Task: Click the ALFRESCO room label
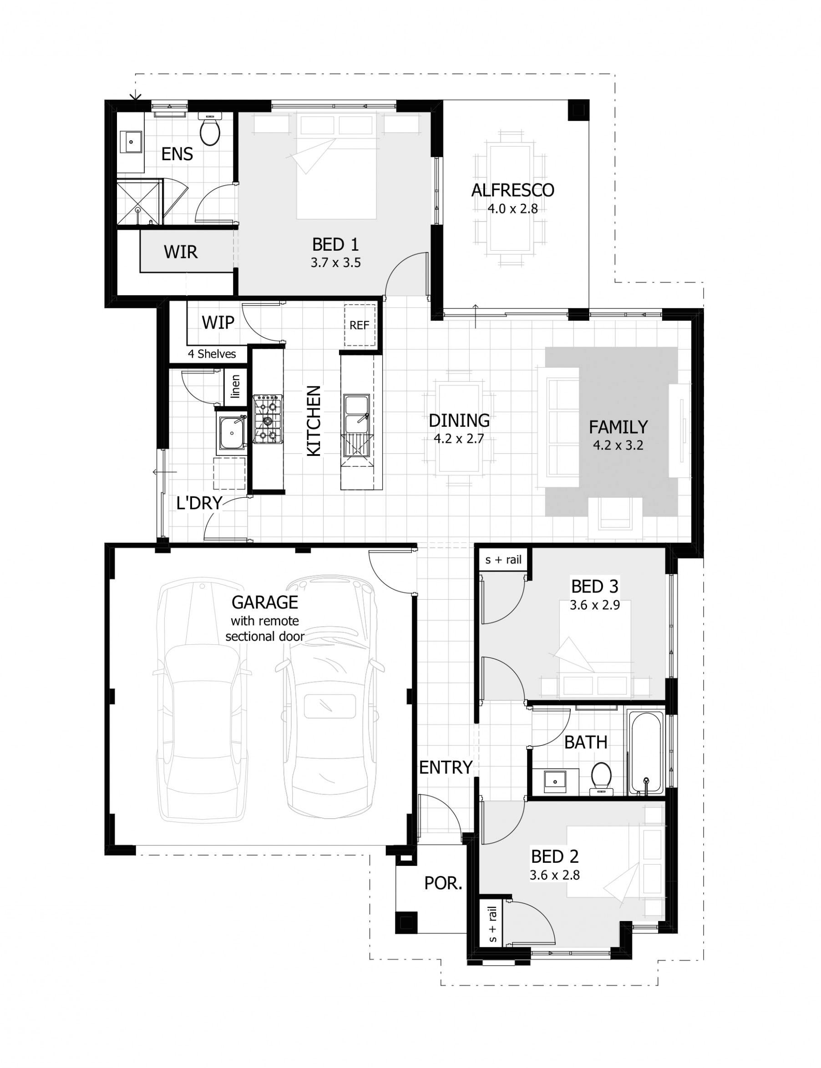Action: tap(512, 190)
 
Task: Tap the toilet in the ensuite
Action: tap(211, 131)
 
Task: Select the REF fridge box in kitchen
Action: tap(359, 325)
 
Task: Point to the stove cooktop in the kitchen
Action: tap(267, 420)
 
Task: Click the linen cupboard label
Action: tap(236, 386)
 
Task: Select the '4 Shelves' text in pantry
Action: tap(212, 354)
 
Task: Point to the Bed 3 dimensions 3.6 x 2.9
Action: tap(595, 605)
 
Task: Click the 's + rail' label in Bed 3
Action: tap(503, 560)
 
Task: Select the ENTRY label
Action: tap(446, 768)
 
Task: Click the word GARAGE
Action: tap(264, 602)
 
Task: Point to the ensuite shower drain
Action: tap(138, 210)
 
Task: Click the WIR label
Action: tap(180, 252)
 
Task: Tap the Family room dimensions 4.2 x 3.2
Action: tap(618, 445)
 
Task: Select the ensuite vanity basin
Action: tap(131, 142)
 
